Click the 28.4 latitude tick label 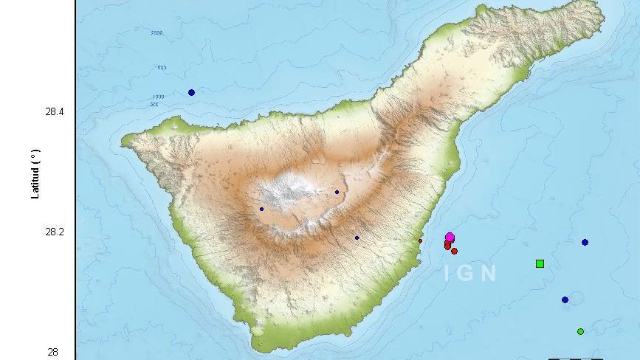[55, 111]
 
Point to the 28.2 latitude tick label [55, 232]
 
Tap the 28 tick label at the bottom [52, 352]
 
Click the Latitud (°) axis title [35, 174]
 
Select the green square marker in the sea [540, 263]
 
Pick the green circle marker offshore [580, 331]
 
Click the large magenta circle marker [450, 238]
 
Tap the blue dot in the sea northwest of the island [191, 92]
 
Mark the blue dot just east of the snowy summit [337, 192]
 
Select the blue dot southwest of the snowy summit [261, 209]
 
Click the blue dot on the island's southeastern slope [357, 238]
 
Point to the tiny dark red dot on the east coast [420, 240]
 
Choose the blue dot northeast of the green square [585, 242]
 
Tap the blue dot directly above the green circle [565, 300]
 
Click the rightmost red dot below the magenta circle [454, 251]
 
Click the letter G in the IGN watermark [467, 273]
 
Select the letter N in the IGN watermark [488, 273]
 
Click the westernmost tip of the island [123, 138]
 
